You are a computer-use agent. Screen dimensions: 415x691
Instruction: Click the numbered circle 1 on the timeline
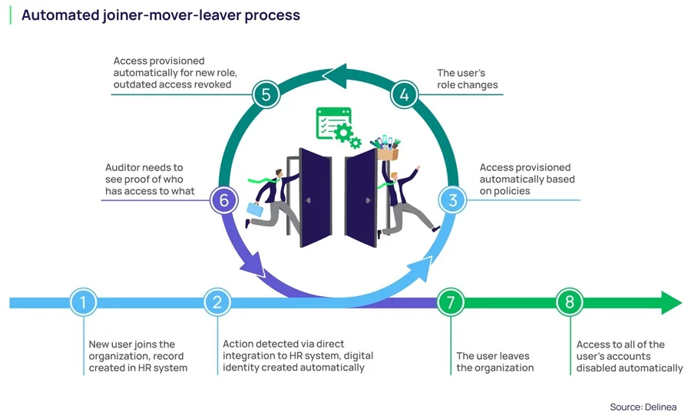click(83, 302)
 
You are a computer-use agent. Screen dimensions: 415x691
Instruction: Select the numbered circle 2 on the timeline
click(217, 302)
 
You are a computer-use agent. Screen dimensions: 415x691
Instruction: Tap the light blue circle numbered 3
click(453, 201)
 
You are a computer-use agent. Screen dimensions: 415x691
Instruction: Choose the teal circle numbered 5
click(266, 95)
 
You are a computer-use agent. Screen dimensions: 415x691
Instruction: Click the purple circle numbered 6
click(223, 201)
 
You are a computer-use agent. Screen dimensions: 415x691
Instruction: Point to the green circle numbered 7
click(450, 302)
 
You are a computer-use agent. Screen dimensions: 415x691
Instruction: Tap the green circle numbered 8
click(569, 302)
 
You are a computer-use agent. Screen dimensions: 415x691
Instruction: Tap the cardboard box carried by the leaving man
click(387, 153)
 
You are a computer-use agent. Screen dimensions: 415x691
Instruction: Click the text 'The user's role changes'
click(468, 80)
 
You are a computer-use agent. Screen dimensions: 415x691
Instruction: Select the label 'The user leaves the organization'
click(494, 361)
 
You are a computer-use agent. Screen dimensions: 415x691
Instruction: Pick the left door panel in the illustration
click(314, 198)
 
